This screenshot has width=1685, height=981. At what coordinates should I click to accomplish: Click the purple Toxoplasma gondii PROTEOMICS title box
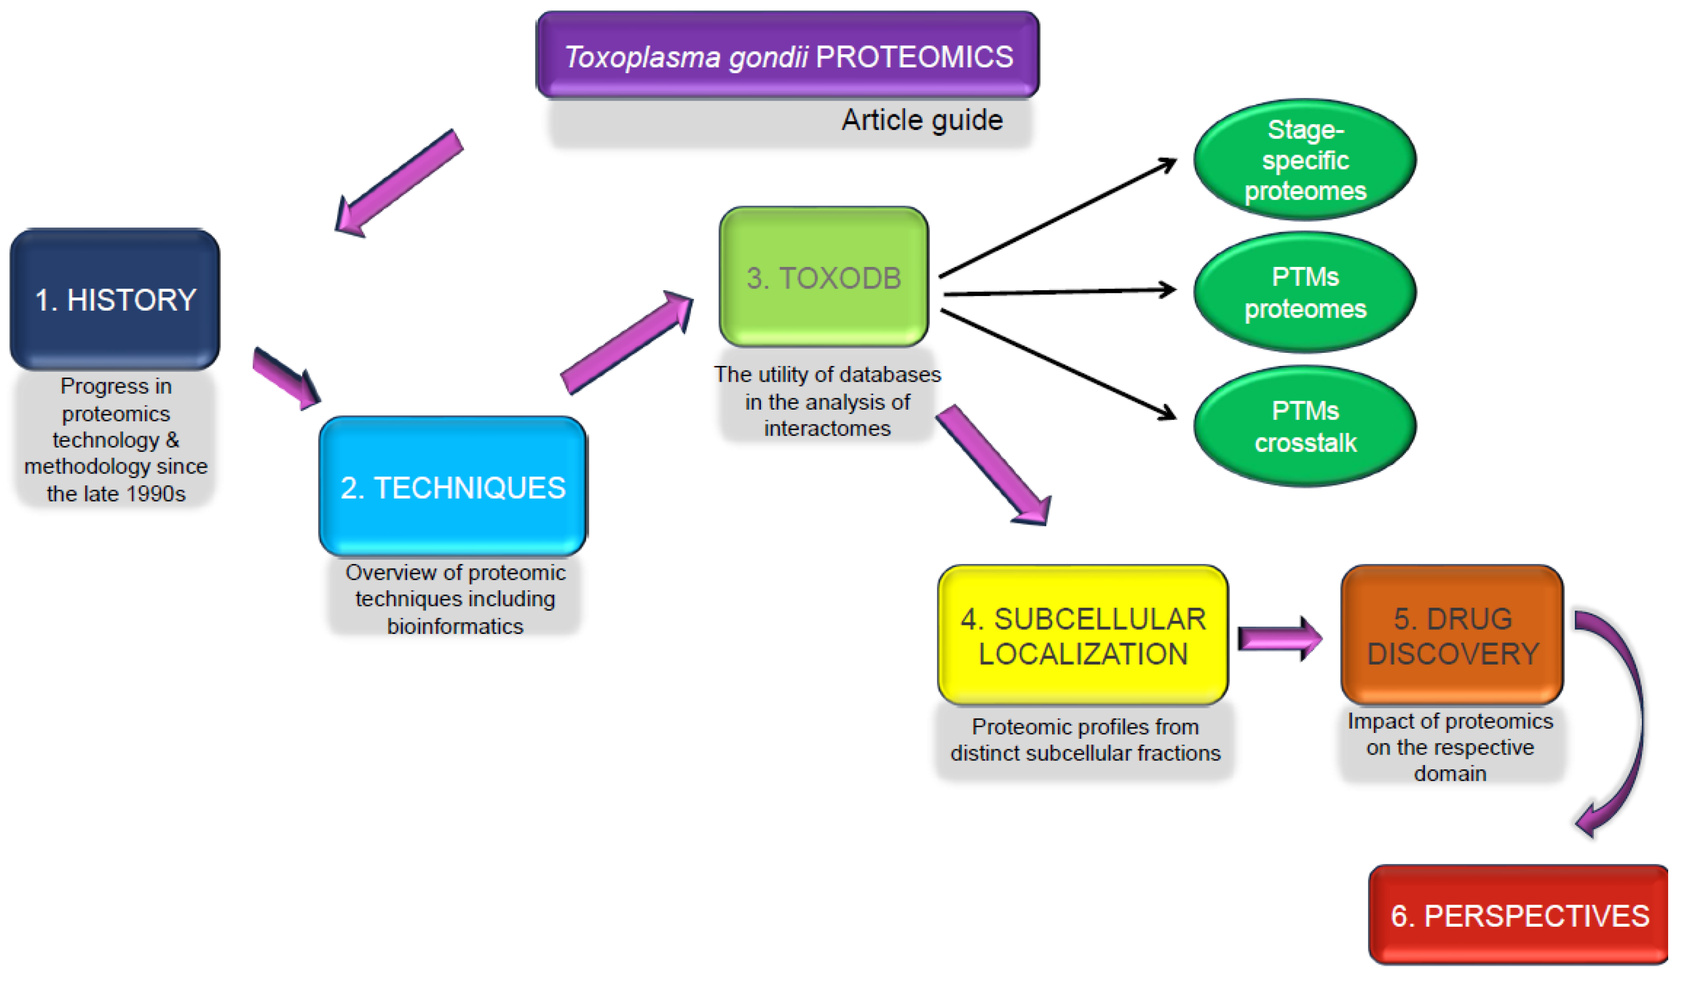pos(788,55)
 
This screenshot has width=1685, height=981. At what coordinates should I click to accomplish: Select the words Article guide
pos(922,121)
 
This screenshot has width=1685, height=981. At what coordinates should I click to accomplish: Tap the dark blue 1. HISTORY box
pos(115,300)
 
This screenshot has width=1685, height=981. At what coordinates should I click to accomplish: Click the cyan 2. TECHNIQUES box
pos(453,487)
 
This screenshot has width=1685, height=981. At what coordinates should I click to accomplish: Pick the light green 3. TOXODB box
pos(824,277)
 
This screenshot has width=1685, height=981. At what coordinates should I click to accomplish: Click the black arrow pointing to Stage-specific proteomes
pos(1056,218)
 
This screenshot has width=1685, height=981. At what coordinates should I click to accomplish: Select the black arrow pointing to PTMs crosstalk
pos(1056,364)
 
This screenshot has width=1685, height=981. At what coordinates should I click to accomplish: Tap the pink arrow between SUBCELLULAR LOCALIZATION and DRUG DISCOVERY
pos(1278,638)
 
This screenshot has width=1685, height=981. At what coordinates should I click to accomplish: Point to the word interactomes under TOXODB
pos(827,428)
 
